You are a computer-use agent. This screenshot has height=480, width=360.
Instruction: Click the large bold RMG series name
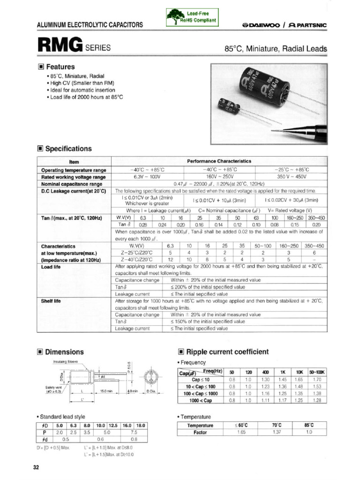(60, 45)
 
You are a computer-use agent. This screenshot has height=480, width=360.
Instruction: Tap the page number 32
(36, 468)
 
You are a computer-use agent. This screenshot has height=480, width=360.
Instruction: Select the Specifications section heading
(68, 149)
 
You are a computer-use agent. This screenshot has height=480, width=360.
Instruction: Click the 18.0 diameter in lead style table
(141, 425)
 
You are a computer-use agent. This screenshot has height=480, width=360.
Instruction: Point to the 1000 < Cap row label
(201, 400)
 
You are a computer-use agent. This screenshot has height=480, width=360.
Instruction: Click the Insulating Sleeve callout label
(66, 361)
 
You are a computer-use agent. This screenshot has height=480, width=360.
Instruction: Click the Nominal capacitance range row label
(72, 184)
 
